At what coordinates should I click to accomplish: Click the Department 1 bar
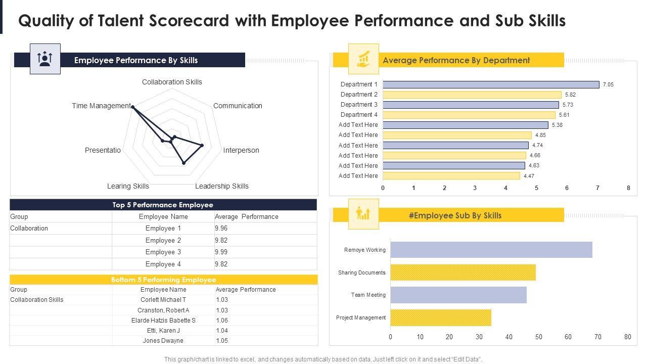coord(491,84)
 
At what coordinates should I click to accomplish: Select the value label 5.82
coord(571,95)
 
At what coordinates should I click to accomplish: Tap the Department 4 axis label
coord(359,115)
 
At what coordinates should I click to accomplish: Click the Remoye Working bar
coord(491,250)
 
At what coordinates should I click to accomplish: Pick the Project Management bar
coord(440,317)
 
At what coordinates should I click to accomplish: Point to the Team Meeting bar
coord(458,295)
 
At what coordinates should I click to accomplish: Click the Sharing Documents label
coord(361,272)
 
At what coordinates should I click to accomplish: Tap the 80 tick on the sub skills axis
coord(628,337)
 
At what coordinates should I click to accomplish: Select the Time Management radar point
coord(132,106)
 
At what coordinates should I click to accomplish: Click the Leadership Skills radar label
coord(222,186)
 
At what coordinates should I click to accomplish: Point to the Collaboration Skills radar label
coord(172,82)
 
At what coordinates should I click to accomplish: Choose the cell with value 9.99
coord(221,252)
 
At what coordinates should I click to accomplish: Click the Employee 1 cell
coord(163,229)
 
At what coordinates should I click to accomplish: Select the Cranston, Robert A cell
coord(163,310)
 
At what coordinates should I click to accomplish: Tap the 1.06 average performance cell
coord(222,320)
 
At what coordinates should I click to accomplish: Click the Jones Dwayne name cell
coord(163,341)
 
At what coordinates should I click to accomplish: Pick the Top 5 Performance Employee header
coord(163,205)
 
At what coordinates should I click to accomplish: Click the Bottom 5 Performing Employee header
coord(163,280)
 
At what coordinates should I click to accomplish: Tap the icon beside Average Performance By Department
coord(363,59)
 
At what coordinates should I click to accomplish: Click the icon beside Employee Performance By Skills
coord(45,59)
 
